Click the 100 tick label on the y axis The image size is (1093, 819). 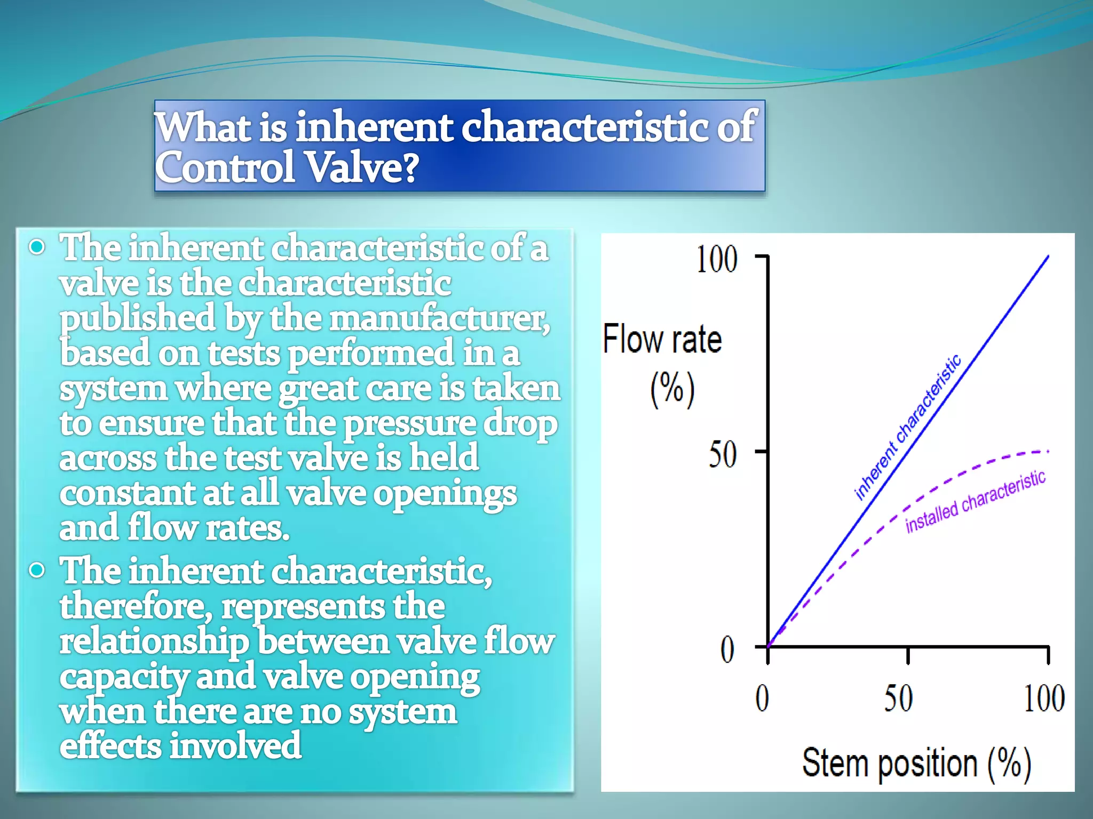click(717, 260)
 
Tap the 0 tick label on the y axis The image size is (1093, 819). click(727, 650)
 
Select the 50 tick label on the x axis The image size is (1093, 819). click(898, 698)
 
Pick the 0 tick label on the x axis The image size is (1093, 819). click(762, 698)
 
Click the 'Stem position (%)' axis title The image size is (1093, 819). click(916, 764)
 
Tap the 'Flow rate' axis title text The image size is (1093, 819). click(662, 339)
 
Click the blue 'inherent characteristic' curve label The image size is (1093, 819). click(907, 427)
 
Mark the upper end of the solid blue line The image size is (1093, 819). click(1048, 256)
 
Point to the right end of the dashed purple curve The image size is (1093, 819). click(1048, 452)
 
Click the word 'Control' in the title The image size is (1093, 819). click(225, 167)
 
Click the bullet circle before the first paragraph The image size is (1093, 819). click(37, 247)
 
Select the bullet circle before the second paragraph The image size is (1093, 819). click(37, 571)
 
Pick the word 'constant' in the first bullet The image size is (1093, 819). click(127, 493)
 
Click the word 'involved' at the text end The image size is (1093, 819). click(235, 746)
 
